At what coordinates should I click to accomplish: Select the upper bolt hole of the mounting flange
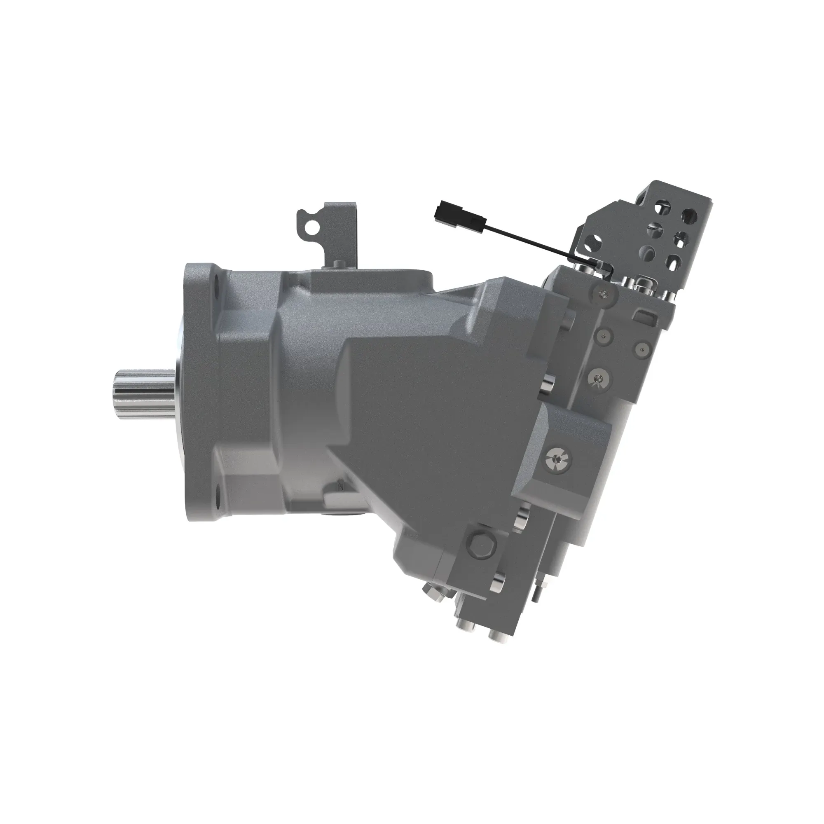[216, 283]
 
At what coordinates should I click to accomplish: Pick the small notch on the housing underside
[341, 484]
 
